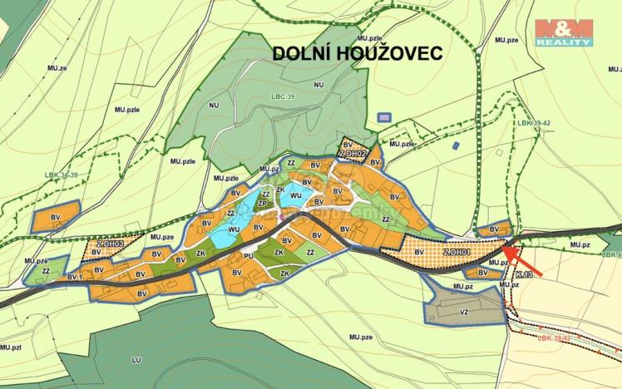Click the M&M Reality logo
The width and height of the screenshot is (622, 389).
tap(563, 32)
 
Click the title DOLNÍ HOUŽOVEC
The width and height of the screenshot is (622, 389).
tap(358, 52)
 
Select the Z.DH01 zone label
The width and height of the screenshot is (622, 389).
tap(457, 252)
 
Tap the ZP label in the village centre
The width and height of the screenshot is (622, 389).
tap(262, 203)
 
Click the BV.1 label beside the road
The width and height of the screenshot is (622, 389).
tap(74, 276)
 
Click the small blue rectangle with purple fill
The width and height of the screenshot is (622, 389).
tap(383, 118)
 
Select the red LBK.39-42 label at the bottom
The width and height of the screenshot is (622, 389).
tap(553, 338)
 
